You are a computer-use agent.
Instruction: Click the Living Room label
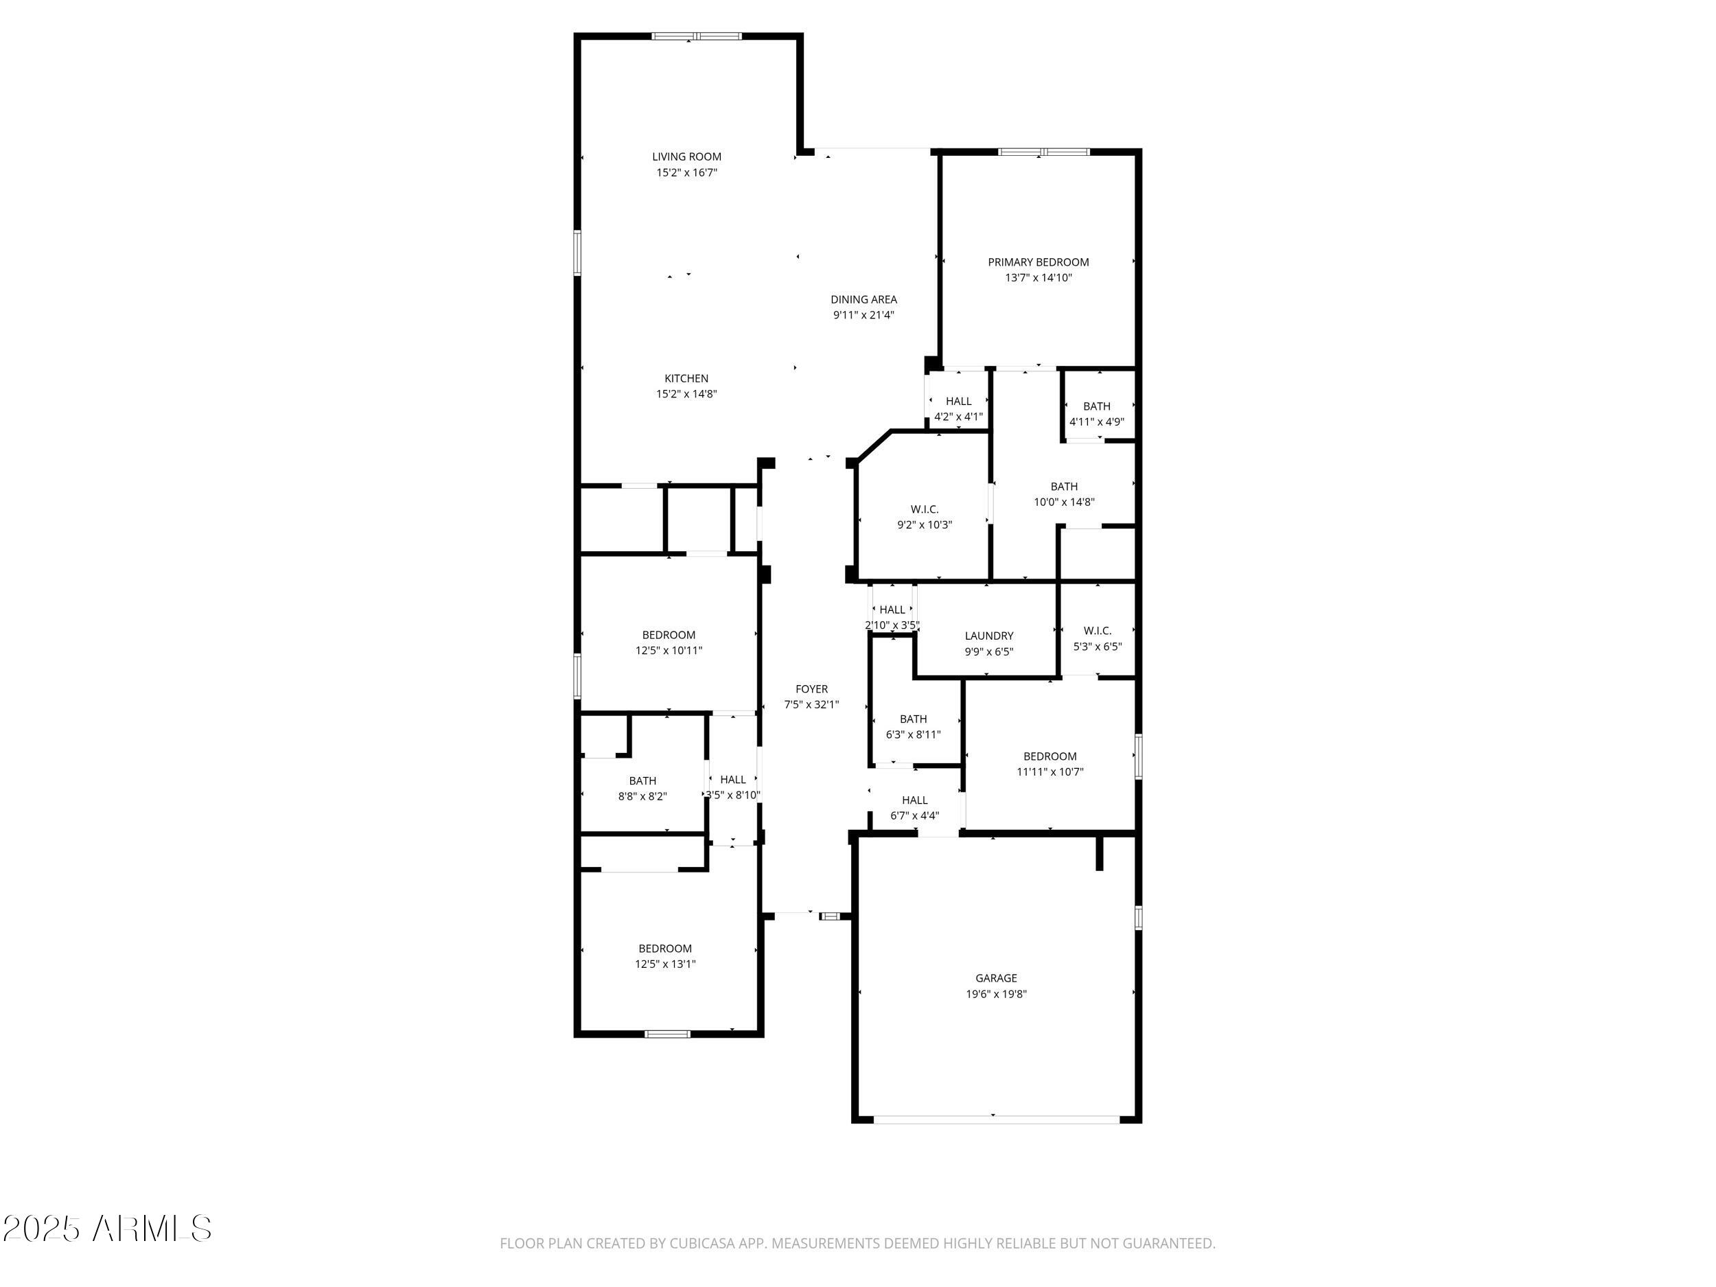686,156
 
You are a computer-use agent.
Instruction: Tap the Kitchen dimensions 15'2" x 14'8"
686,394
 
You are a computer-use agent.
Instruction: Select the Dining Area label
863,299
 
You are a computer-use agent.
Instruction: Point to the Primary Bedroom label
1038,262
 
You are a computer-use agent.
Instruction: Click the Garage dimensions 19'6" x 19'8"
996,994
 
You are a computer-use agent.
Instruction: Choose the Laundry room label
988,636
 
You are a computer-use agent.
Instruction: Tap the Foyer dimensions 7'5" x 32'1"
811,705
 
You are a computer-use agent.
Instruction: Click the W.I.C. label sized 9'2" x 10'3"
924,509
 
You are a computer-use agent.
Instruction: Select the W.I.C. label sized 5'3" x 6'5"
1097,631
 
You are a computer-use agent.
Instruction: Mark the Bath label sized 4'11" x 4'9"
1096,406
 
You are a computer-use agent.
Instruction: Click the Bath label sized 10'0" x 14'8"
1064,487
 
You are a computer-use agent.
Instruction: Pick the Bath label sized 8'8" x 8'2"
642,780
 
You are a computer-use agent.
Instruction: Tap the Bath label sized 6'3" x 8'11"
913,719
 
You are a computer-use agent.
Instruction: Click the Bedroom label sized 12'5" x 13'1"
665,948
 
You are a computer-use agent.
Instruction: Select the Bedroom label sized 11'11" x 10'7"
1050,756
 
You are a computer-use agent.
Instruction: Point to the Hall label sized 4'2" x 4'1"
958,401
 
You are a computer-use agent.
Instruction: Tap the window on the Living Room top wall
696,36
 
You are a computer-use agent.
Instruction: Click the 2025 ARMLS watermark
106,1228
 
